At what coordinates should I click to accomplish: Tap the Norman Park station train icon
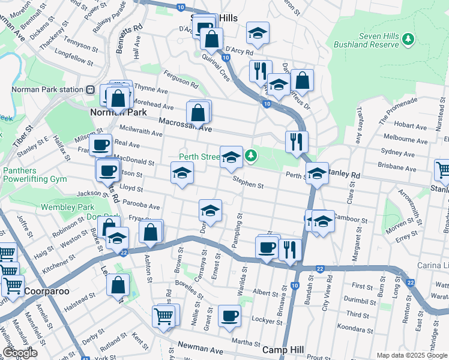89,90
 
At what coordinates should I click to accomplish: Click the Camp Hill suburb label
283,349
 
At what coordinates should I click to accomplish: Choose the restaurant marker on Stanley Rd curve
297,142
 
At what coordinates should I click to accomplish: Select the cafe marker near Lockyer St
229,316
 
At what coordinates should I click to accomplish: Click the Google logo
20,353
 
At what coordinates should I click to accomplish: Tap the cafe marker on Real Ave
101,145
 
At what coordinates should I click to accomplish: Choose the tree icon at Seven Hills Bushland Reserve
408,39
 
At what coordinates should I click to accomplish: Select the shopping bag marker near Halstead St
118,284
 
